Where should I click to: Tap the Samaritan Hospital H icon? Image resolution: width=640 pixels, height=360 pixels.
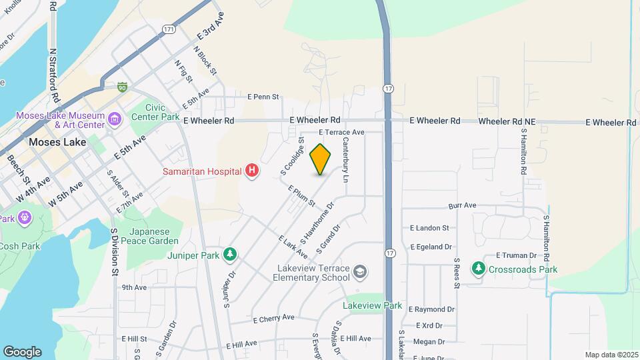point(252,171)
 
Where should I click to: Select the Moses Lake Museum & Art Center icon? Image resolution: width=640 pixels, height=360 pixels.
point(115,119)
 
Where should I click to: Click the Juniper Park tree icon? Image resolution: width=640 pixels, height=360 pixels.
point(230,253)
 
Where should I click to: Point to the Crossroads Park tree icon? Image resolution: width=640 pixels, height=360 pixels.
point(478,269)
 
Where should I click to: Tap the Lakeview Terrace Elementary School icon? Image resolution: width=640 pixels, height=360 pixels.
point(360,271)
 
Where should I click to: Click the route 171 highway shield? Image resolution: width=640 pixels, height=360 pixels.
point(169,30)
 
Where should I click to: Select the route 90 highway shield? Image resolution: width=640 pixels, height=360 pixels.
point(122,87)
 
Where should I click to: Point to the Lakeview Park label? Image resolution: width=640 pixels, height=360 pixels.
point(373,305)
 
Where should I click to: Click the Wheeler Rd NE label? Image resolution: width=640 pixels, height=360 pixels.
point(507,121)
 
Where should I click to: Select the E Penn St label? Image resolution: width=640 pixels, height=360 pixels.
point(263,97)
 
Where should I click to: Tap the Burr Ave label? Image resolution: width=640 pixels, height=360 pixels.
point(462,206)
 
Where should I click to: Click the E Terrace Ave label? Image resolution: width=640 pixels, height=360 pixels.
point(341,132)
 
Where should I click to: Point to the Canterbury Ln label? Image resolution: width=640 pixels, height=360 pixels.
point(346,160)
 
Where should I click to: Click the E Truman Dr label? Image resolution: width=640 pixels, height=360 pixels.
point(517,255)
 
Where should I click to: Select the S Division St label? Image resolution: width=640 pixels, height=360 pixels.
point(115,253)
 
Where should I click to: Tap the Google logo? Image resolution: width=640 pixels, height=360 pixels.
point(22,351)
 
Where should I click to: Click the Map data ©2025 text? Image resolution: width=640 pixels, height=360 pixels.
point(611,355)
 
